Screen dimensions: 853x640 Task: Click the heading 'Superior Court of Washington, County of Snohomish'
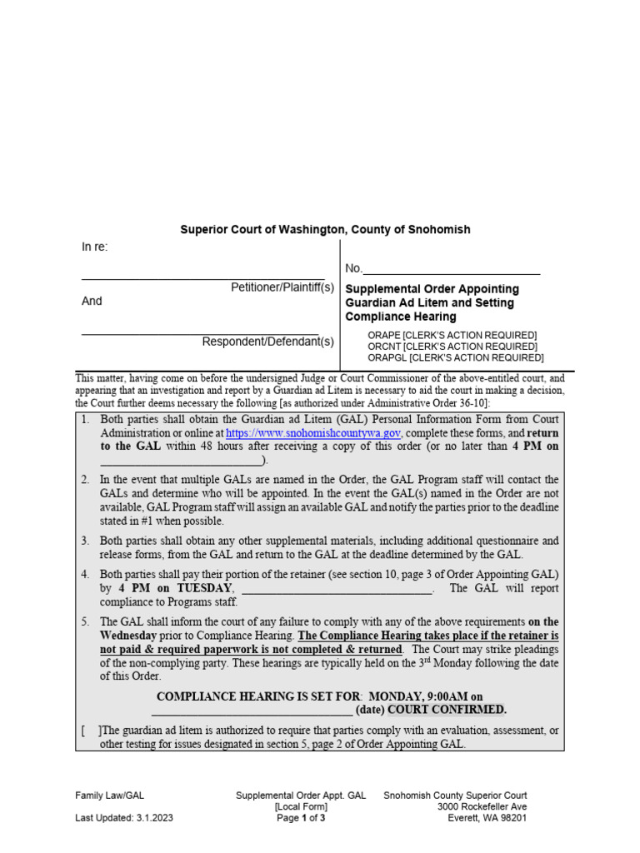pyautogui.click(x=325, y=229)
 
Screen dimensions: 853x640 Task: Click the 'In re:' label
pyautogui.click(x=94, y=247)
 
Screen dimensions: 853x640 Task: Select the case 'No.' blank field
pyautogui.click(x=451, y=269)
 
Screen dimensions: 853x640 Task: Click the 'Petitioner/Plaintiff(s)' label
pyautogui.click(x=282, y=287)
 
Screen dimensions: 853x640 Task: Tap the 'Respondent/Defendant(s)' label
pyautogui.click(x=267, y=342)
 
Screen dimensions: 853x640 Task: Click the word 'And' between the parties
pyautogui.click(x=92, y=302)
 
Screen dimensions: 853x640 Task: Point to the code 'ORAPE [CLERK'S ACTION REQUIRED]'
pyautogui.click(x=452, y=335)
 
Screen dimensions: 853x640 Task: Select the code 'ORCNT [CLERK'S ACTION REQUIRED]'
pyautogui.click(x=452, y=347)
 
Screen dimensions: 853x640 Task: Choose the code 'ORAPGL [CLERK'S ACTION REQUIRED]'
pyautogui.click(x=455, y=358)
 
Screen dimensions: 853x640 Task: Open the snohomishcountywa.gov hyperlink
pyautogui.click(x=313, y=434)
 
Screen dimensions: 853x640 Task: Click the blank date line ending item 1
pyautogui.click(x=182, y=461)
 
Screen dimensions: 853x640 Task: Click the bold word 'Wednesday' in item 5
pyautogui.click(x=135, y=636)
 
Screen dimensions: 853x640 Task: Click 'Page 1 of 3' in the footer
pyautogui.click(x=301, y=818)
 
